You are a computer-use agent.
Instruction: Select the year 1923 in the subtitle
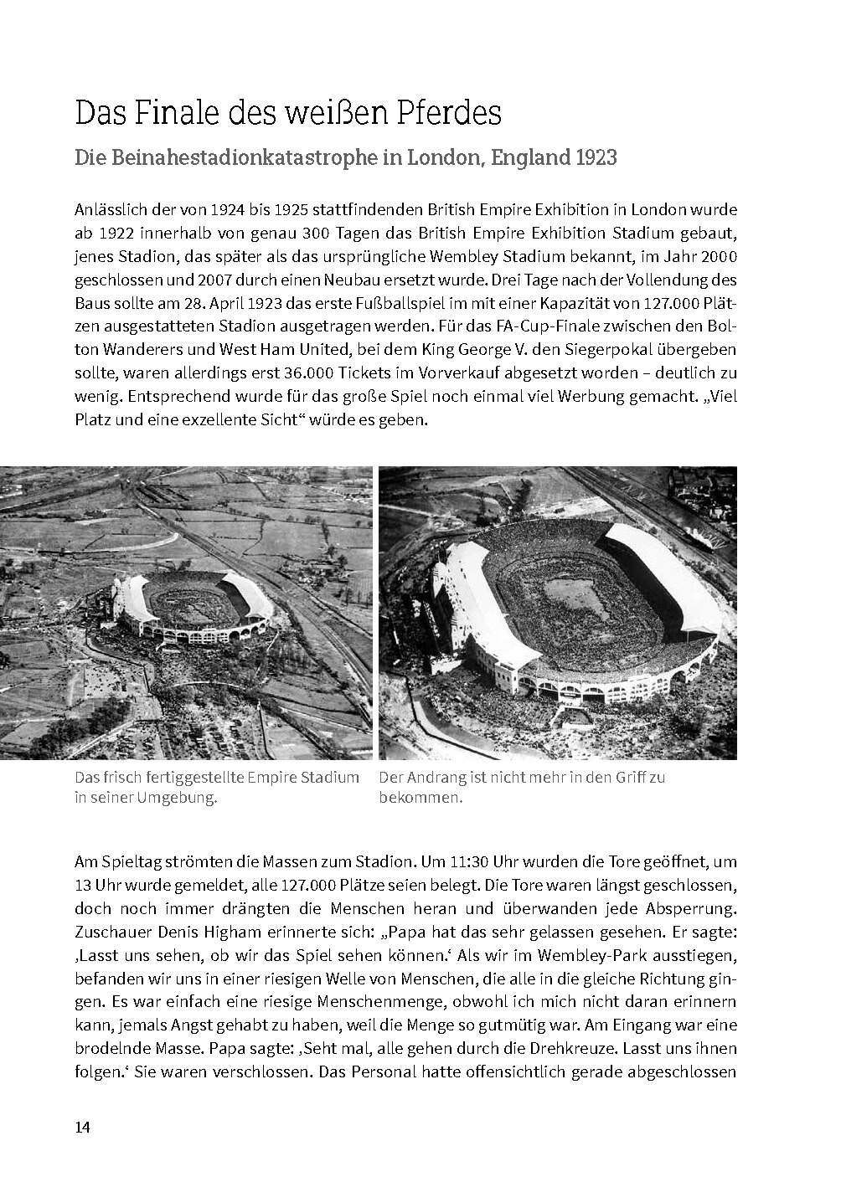pyautogui.click(x=596, y=157)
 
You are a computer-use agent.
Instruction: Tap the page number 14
pyautogui.click(x=82, y=1127)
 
